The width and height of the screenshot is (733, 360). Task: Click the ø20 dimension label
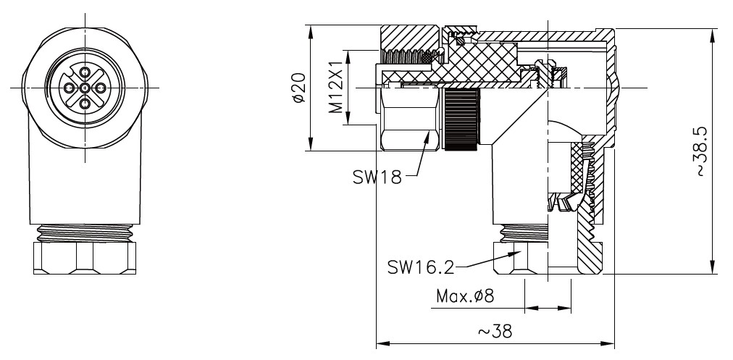pos(299,89)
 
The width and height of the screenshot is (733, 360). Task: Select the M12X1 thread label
pos(335,89)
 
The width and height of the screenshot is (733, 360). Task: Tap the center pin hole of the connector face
pos(85,88)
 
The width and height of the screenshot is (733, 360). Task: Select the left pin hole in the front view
pos(69,88)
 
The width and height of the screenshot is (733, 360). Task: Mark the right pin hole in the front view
pos(101,88)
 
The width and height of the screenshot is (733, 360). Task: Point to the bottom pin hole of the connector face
pos(85,104)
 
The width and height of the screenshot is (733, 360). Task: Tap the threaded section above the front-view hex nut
pos(84,233)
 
